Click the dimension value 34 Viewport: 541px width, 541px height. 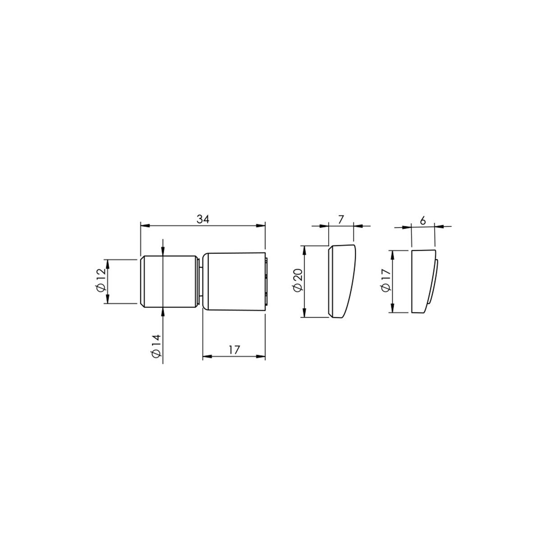[203, 219]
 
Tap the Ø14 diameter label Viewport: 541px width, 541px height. [156, 346]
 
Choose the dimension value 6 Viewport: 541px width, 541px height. [423, 221]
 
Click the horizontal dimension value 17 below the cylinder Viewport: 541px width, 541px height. [234, 350]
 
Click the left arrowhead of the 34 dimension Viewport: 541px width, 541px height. [144, 225]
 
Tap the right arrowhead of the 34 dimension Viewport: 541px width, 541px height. [261, 225]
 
